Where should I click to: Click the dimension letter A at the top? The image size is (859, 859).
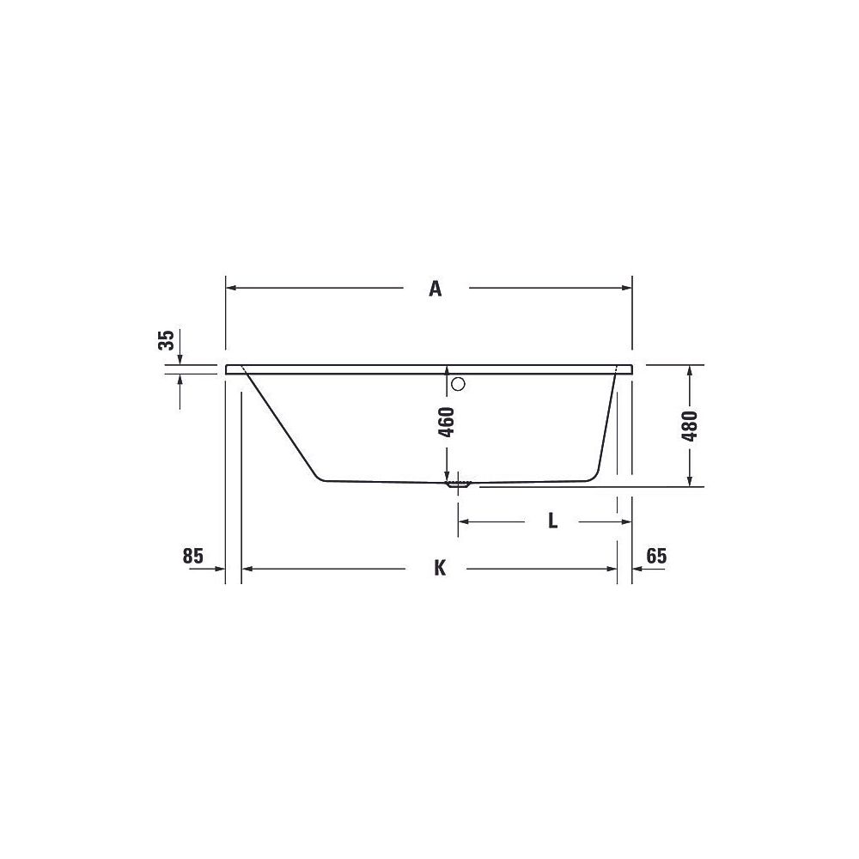point(435,288)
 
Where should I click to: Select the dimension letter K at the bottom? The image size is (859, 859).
point(440,568)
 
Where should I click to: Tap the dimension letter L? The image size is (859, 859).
point(553,521)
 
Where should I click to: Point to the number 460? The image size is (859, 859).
point(447,422)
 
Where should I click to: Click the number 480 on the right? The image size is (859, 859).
point(690,426)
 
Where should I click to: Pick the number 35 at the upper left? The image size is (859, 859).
point(166,340)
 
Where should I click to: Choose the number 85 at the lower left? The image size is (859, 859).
point(192,556)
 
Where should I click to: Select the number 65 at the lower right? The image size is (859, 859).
point(656,556)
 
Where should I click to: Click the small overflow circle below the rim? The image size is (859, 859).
point(458,384)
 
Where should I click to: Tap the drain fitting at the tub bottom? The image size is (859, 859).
point(458,484)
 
